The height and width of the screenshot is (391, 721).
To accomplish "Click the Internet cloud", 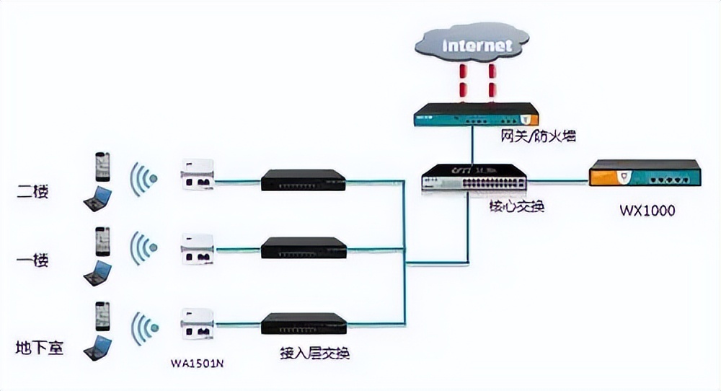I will [x=477, y=45].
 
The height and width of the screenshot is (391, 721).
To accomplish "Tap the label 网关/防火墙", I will [x=538, y=136].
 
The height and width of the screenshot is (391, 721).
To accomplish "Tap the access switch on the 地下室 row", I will [x=303, y=324].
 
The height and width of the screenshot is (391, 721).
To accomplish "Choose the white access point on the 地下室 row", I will [x=197, y=323].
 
